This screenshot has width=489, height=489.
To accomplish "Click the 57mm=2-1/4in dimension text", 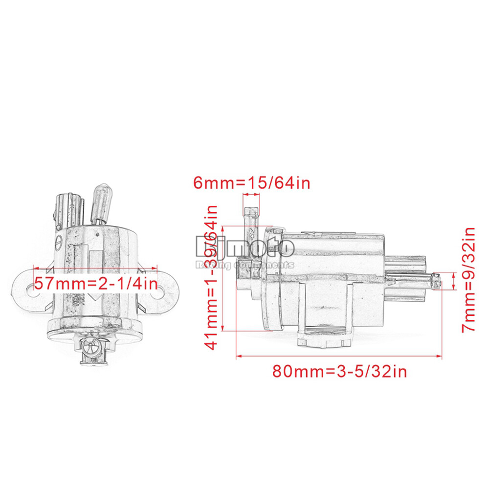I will pyautogui.click(x=95, y=283).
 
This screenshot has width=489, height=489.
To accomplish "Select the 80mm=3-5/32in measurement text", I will pyautogui.click(x=339, y=372).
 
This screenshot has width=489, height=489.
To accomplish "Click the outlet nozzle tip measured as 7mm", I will pyautogui.click(x=435, y=282).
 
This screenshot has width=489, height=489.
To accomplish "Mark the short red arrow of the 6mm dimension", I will pyautogui.click(x=251, y=195).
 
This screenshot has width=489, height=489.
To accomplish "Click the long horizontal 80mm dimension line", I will pyautogui.click(x=339, y=357).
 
